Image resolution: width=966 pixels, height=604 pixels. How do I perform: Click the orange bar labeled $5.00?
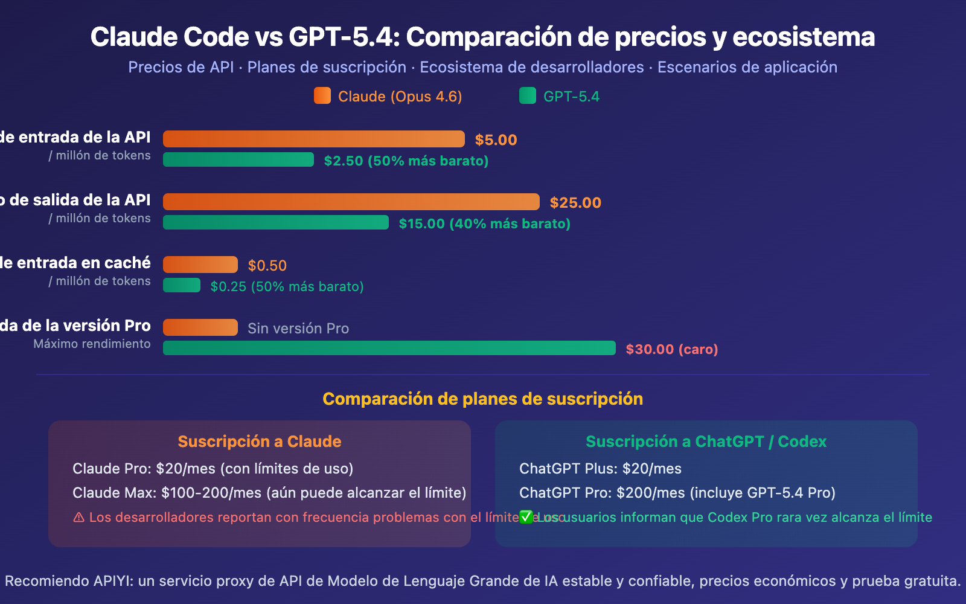(314, 139)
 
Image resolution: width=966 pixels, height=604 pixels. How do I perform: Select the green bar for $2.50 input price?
(238, 159)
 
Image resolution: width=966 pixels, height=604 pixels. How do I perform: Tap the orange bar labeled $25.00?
(351, 202)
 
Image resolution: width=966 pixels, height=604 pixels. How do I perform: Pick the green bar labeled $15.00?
(276, 222)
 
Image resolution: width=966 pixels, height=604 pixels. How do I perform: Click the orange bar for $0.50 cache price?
(200, 265)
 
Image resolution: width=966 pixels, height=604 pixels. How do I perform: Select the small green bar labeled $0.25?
(182, 285)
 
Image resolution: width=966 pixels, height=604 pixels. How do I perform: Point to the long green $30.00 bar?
(389, 348)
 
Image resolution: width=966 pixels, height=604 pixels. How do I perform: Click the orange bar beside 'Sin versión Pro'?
(200, 327)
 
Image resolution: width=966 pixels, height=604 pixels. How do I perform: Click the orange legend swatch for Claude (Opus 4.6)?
(322, 96)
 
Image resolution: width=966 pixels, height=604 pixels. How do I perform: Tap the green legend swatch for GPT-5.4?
(528, 96)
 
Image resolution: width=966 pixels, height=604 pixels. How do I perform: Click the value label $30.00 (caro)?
(672, 349)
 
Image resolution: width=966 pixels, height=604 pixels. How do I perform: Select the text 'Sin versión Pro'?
(298, 329)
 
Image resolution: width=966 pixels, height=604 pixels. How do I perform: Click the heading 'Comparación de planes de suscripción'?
(483, 399)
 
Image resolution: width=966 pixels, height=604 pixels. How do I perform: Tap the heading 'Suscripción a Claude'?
(260, 442)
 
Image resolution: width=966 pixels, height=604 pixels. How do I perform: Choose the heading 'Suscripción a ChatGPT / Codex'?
(706, 442)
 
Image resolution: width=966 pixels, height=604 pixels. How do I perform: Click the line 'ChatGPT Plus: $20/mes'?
(600, 469)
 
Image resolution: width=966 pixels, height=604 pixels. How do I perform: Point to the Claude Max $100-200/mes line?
(269, 493)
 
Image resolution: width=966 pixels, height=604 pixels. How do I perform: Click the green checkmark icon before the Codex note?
(526, 517)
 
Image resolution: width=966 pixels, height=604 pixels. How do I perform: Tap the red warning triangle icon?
(79, 518)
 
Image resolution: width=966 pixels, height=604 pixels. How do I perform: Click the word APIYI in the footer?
(114, 581)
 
